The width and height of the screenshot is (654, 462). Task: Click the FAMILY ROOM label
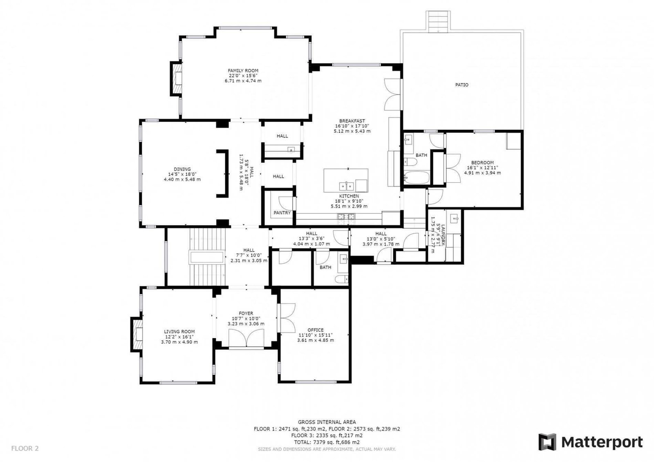pos(243,71)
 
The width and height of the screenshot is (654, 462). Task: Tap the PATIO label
pos(461,85)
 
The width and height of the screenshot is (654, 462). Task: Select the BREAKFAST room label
pos(352,121)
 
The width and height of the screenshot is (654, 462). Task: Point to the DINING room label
pos(182,169)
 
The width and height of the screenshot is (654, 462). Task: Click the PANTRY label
pos(282,213)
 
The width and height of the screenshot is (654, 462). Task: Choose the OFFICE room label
pos(315,330)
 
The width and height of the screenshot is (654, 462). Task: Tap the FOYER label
pos(246,313)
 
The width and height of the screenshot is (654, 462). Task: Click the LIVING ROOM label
pos(179,332)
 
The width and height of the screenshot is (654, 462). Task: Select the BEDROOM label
pos(482,163)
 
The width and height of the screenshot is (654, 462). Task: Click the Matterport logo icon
pos(547,442)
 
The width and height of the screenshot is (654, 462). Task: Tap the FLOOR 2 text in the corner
pos(25,448)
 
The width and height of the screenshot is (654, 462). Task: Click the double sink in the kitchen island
pos(346,186)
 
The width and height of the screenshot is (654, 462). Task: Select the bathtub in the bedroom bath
pos(417,177)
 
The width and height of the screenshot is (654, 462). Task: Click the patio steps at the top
pos(438,21)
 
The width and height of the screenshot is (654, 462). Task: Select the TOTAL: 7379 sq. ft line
pos(327,442)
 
